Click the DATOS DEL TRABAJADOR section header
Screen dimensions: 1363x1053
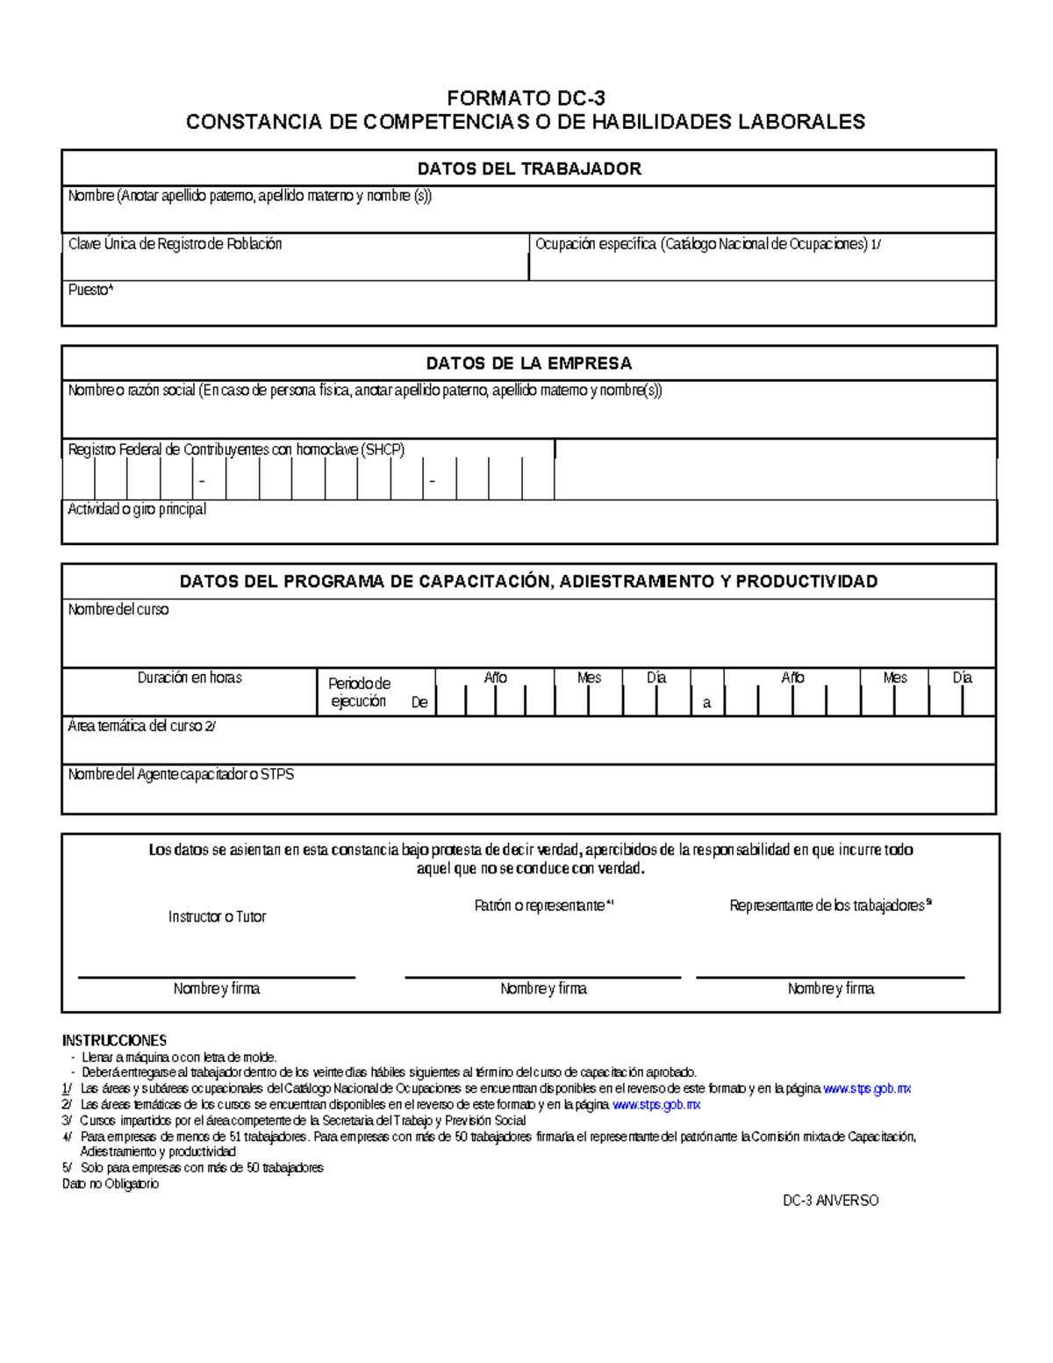(x=529, y=169)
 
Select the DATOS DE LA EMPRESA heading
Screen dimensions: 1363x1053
(x=529, y=363)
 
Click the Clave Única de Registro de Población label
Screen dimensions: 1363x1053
(x=175, y=244)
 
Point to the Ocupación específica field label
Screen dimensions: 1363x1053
(x=707, y=244)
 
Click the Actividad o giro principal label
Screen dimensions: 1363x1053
(x=137, y=509)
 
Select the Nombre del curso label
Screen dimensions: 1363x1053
(x=118, y=609)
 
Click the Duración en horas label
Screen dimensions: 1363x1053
(x=190, y=678)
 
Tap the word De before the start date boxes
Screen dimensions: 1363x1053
(x=419, y=703)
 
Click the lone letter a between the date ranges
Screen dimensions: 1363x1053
(x=706, y=704)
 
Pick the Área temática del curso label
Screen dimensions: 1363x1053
(x=141, y=727)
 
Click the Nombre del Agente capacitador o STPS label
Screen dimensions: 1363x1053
(x=181, y=775)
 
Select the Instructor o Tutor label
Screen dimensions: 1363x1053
(x=217, y=916)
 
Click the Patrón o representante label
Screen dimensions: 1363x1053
(x=542, y=905)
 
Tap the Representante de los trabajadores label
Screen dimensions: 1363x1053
(x=829, y=905)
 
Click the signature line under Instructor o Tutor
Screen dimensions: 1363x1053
(x=217, y=977)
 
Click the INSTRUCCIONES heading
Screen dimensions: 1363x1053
(x=114, y=1040)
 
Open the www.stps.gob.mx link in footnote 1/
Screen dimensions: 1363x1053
(x=867, y=1088)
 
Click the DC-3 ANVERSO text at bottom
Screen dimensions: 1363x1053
(x=830, y=1200)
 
